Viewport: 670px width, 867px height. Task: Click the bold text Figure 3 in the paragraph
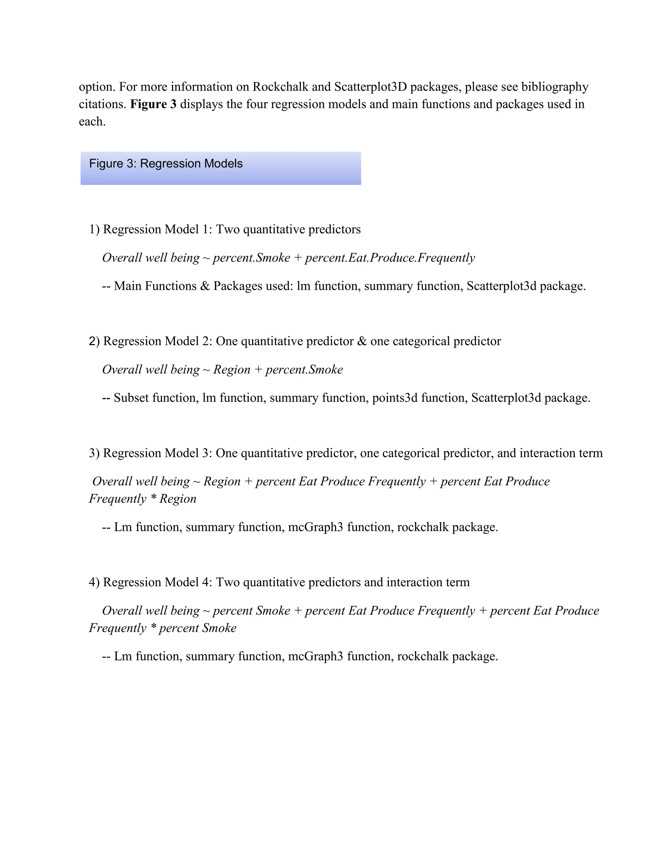[153, 104]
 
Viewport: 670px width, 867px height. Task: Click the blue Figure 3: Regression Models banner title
[166, 164]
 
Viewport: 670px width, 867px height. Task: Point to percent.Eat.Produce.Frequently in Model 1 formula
[389, 257]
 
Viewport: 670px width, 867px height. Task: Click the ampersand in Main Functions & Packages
[205, 286]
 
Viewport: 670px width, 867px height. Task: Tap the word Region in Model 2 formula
[232, 370]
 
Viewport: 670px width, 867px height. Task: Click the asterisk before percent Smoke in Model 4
[153, 628]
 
